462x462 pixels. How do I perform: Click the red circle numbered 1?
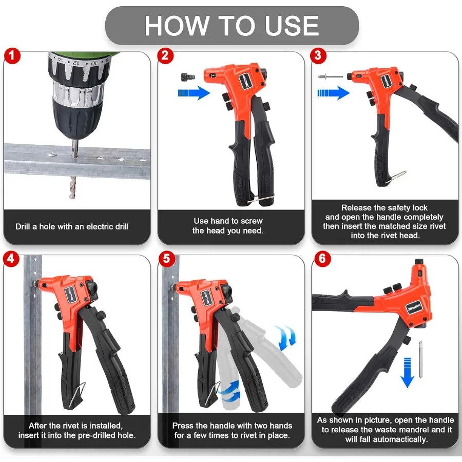coord(12,55)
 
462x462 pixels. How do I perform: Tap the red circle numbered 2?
coord(165,55)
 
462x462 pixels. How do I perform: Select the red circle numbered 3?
coord(318,55)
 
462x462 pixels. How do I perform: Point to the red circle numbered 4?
coord(11,259)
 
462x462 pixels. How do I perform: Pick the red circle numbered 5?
coord(166,259)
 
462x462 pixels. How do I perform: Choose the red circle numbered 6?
coord(322,259)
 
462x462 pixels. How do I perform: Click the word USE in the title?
coord(292,26)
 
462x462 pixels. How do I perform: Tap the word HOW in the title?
coord(177,26)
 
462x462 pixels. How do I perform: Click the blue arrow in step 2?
coord(194,93)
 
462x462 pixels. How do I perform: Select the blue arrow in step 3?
coord(334,93)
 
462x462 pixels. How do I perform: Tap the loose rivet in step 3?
coord(330,76)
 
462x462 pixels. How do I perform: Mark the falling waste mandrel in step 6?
coord(421,359)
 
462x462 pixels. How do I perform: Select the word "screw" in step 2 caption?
coord(251,221)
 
